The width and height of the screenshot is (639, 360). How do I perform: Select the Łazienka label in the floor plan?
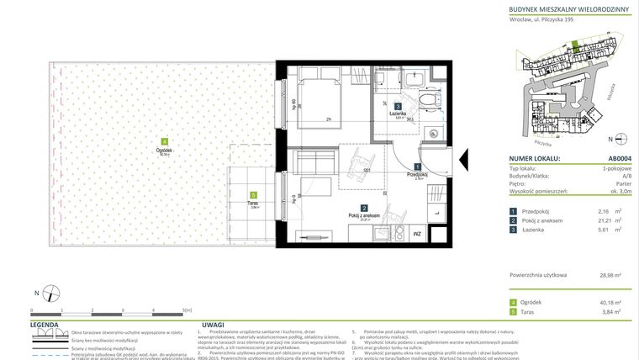pyautogui.click(x=398, y=113)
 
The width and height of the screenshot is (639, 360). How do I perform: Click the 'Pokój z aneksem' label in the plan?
pyautogui.click(x=365, y=216)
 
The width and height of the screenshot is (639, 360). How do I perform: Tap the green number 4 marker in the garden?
pyautogui.click(x=165, y=141)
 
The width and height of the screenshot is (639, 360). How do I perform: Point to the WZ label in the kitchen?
pyautogui.click(x=416, y=234)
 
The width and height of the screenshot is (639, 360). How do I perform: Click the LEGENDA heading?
pyautogui.click(x=44, y=323)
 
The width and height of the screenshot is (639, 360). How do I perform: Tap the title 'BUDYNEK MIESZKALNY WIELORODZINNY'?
pyautogui.click(x=568, y=9)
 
